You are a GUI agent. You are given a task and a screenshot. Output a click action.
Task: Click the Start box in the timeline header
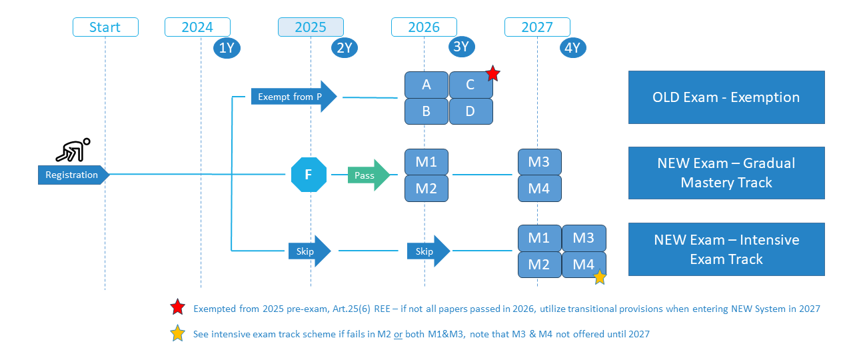tap(105, 27)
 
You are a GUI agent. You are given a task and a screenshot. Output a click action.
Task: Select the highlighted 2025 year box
tap(311, 27)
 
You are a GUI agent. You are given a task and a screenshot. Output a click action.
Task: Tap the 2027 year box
tap(537, 27)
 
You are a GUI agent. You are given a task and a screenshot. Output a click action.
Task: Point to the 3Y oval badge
tap(462, 47)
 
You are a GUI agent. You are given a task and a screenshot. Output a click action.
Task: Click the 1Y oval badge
tap(227, 48)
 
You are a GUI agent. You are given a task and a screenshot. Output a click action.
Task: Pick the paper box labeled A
tap(426, 85)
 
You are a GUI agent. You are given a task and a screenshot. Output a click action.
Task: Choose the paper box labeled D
tap(471, 111)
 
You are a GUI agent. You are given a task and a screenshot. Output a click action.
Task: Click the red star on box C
tap(493, 73)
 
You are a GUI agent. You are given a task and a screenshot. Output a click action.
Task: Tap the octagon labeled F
tap(309, 175)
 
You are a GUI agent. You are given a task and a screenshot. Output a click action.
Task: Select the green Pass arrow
tap(369, 175)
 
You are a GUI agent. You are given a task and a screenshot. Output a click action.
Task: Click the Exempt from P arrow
tap(294, 97)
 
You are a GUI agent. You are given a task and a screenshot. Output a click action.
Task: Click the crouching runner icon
tap(73, 150)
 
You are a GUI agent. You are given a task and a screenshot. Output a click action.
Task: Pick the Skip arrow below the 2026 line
tap(428, 251)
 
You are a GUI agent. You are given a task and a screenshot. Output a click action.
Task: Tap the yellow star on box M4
tap(600, 277)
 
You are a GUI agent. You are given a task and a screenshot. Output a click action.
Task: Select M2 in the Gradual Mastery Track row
tap(426, 189)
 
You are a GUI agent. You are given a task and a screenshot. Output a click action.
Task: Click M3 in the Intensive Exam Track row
tap(584, 238)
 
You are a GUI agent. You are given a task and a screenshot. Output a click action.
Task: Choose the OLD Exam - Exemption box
tap(726, 97)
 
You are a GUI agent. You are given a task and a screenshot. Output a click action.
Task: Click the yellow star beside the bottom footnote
tap(178, 333)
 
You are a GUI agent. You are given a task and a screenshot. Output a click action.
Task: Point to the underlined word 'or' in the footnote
tap(398, 335)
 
